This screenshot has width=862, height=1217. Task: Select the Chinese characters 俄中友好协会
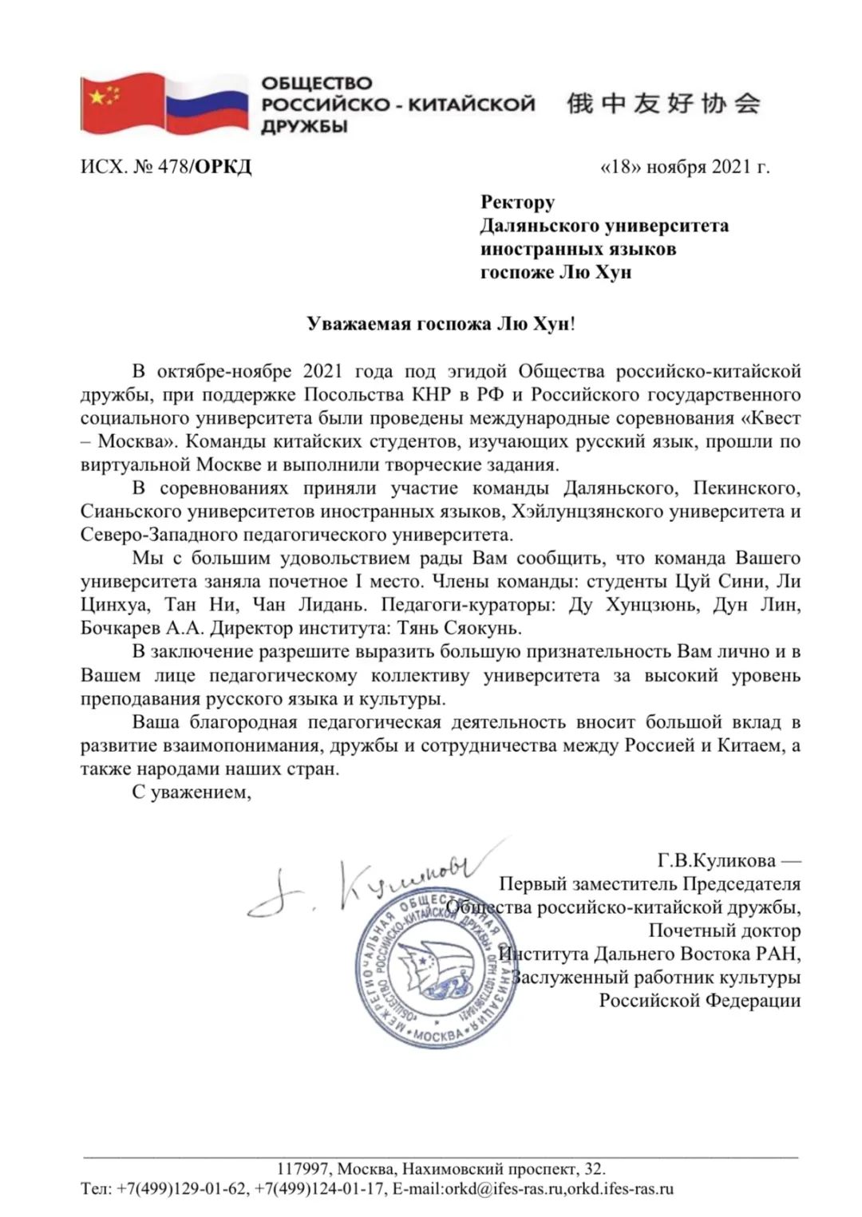pyautogui.click(x=663, y=104)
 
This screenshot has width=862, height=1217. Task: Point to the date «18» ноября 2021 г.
pyautogui.click(x=684, y=167)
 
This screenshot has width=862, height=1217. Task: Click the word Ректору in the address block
pyautogui.click(x=517, y=202)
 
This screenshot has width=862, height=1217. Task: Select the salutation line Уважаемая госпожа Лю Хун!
pyautogui.click(x=441, y=324)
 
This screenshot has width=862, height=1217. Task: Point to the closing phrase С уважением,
pyautogui.click(x=192, y=792)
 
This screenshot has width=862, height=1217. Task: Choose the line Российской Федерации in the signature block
pyautogui.click(x=699, y=1000)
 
